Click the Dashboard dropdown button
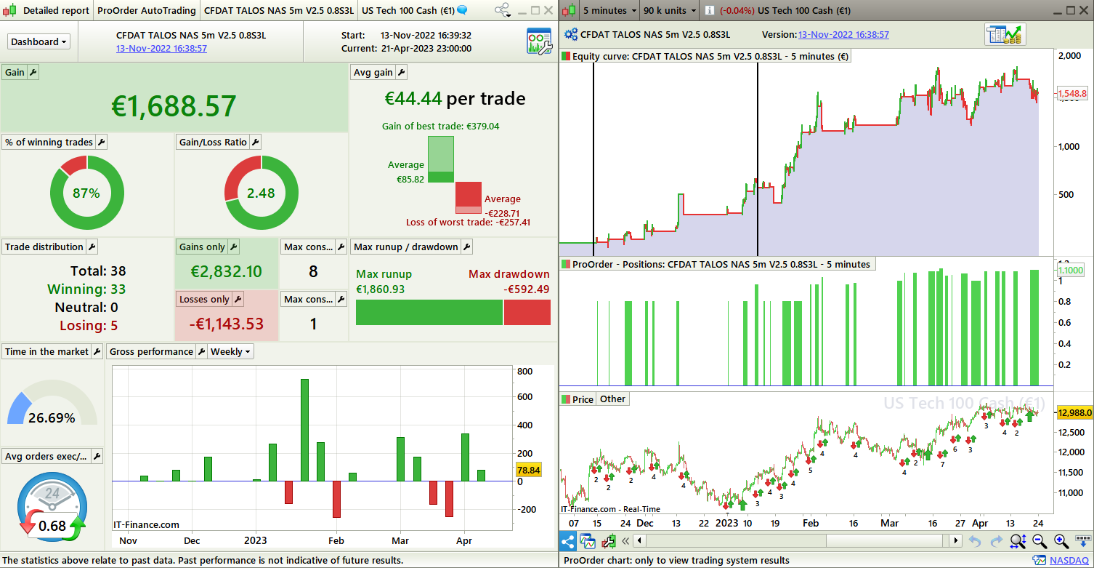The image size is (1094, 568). pyautogui.click(x=39, y=41)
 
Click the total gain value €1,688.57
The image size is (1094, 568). pyautogui.click(x=174, y=105)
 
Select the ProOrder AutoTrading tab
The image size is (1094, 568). pyautogui.click(x=146, y=10)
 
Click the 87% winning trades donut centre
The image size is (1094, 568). pyautogui.click(x=86, y=193)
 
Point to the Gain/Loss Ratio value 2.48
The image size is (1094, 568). pyautogui.click(x=261, y=193)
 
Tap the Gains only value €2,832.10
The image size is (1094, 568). pyautogui.click(x=227, y=271)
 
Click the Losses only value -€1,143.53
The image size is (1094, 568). pyautogui.click(x=227, y=324)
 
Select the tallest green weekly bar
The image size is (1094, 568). pyautogui.click(x=304, y=429)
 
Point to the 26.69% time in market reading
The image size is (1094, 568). pyautogui.click(x=52, y=417)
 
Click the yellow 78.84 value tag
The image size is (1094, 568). pyautogui.click(x=529, y=471)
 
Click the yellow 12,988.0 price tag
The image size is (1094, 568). pyautogui.click(x=1074, y=412)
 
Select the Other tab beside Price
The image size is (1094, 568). pyautogui.click(x=612, y=399)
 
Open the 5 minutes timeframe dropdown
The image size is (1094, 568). pyautogui.click(x=609, y=10)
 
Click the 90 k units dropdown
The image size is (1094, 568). pyautogui.click(x=670, y=10)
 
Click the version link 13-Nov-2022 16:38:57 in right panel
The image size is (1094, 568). pyautogui.click(x=843, y=34)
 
